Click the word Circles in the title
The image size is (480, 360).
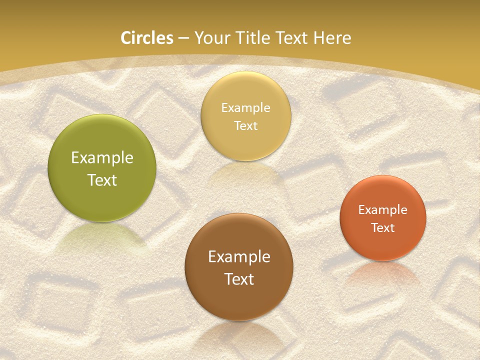(146, 38)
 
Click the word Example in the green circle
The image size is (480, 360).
(102, 157)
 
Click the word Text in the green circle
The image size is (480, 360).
(102, 180)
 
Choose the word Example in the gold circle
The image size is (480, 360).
(245, 107)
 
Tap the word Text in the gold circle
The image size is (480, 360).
(245, 125)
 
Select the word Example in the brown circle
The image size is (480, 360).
(239, 256)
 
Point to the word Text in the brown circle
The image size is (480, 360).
(239, 279)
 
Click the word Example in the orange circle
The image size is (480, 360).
(383, 209)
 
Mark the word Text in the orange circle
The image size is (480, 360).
(383, 227)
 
